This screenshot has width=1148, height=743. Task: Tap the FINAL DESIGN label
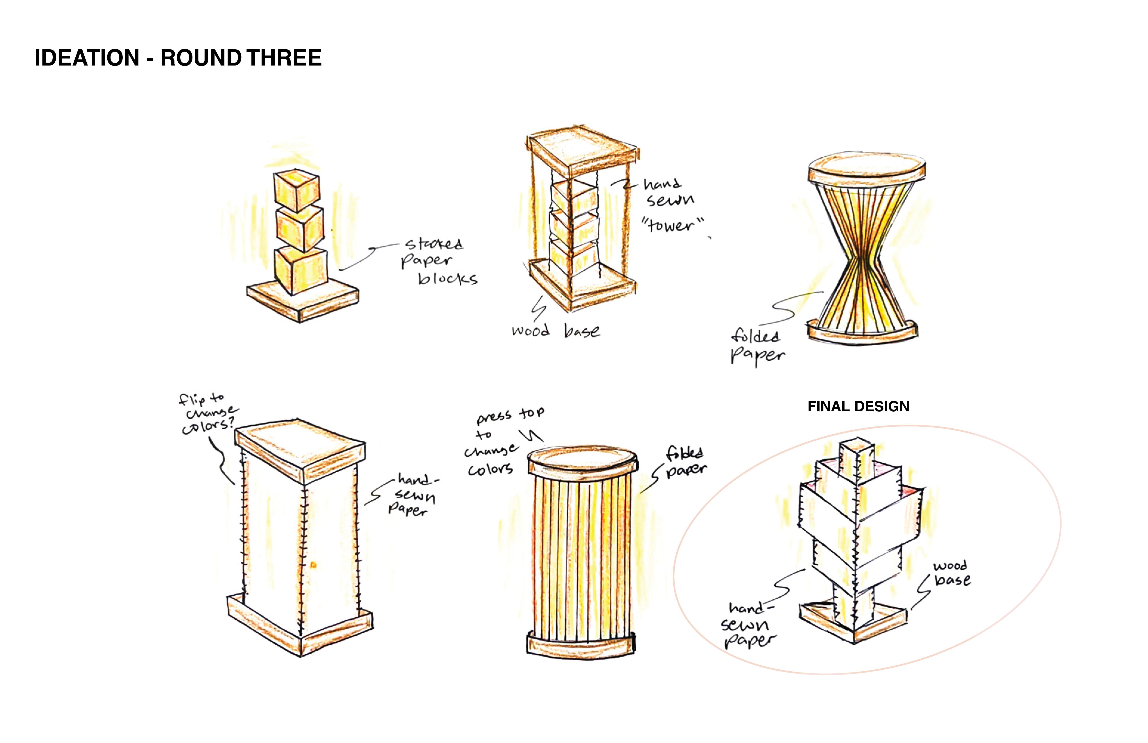(858, 406)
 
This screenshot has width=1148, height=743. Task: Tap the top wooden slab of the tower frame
(583, 150)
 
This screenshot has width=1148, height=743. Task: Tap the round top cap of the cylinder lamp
(583, 461)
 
